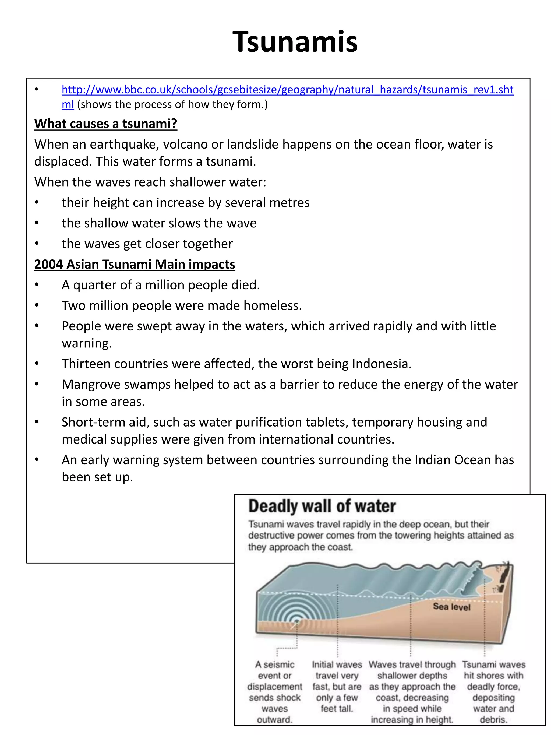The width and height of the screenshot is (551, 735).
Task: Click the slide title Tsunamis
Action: pos(295,42)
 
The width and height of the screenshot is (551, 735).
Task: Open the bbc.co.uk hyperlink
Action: pos(287,90)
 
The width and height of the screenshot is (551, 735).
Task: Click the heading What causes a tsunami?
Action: pos(106,124)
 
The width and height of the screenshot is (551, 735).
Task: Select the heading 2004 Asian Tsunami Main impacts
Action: pos(135,264)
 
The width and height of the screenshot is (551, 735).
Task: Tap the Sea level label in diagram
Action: pos(451,607)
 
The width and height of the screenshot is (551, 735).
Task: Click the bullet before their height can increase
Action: pos(37,202)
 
